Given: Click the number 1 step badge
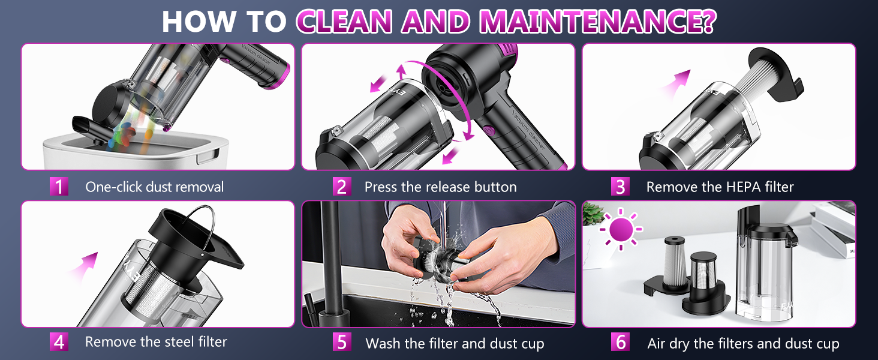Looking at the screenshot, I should pos(59,187).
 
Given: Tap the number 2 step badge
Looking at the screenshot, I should pos(341,187).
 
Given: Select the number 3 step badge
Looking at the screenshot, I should pos(620,187).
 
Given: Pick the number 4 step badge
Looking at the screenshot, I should pos(59,342).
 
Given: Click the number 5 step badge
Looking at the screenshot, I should pos(341,343).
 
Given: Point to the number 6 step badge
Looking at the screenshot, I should pos(620,343).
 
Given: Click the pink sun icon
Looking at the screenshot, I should pos(621,229).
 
